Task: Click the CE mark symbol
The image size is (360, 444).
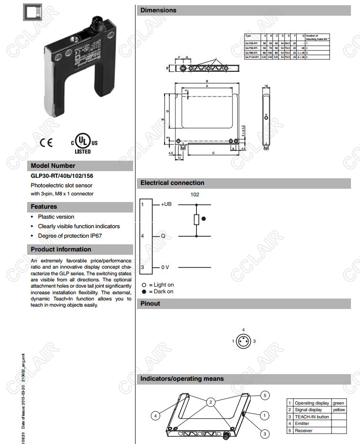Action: (x=46, y=142)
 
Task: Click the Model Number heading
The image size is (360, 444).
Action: (x=53, y=166)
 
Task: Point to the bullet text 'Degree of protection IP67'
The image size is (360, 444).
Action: (x=70, y=235)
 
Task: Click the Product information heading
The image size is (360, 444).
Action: (x=61, y=249)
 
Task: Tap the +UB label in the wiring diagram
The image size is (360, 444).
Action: (x=166, y=204)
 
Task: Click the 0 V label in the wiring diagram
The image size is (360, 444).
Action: (x=165, y=268)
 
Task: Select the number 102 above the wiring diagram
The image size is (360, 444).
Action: (x=195, y=194)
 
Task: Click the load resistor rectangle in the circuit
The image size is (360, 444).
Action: (x=196, y=219)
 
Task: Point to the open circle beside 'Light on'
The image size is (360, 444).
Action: (x=144, y=285)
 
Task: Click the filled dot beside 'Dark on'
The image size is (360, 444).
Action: (x=144, y=291)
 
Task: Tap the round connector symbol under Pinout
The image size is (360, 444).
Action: (x=243, y=341)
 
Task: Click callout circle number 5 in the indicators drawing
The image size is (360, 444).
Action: (x=266, y=396)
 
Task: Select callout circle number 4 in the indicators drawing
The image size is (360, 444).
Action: (x=155, y=416)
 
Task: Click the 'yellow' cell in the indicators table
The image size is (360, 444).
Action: (x=339, y=410)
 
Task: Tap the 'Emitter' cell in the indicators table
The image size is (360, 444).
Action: (x=302, y=424)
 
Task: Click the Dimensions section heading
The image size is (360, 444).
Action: (x=158, y=10)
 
